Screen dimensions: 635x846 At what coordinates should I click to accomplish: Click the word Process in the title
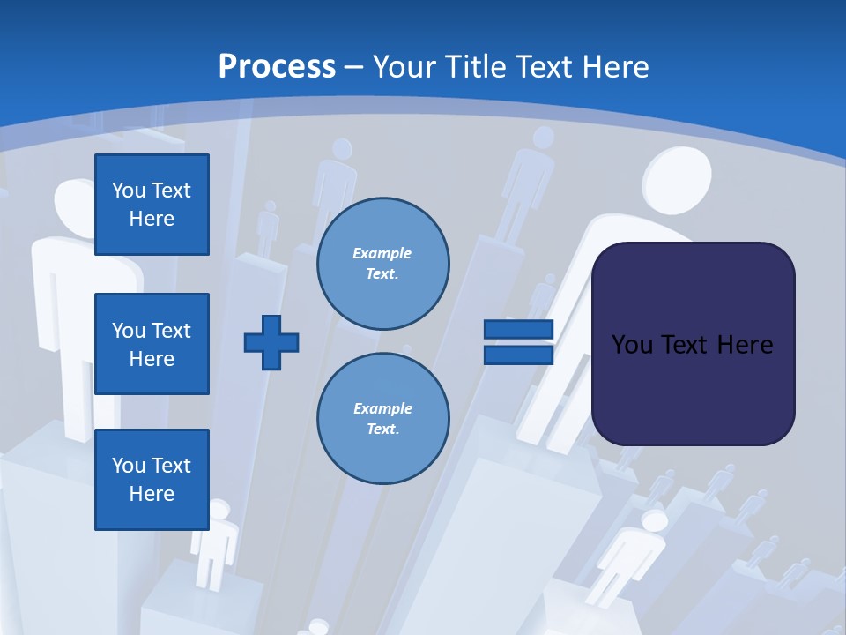click(277, 67)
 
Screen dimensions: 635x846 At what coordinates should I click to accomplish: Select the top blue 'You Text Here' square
click(152, 205)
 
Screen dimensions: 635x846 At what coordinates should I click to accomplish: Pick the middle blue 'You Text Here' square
click(152, 344)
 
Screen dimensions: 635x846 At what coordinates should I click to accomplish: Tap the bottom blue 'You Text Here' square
click(152, 479)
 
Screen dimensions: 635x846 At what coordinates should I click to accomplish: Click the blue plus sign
click(271, 341)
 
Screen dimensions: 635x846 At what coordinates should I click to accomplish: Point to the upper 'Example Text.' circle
click(382, 264)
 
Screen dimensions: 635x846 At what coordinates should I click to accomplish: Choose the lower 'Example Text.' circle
click(382, 418)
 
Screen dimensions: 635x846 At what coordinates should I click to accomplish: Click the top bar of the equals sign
click(518, 330)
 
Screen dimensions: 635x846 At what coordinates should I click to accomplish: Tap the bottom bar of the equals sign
click(518, 355)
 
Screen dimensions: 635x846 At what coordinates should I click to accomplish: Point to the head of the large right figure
click(676, 179)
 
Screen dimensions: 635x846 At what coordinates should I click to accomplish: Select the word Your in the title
click(402, 67)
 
